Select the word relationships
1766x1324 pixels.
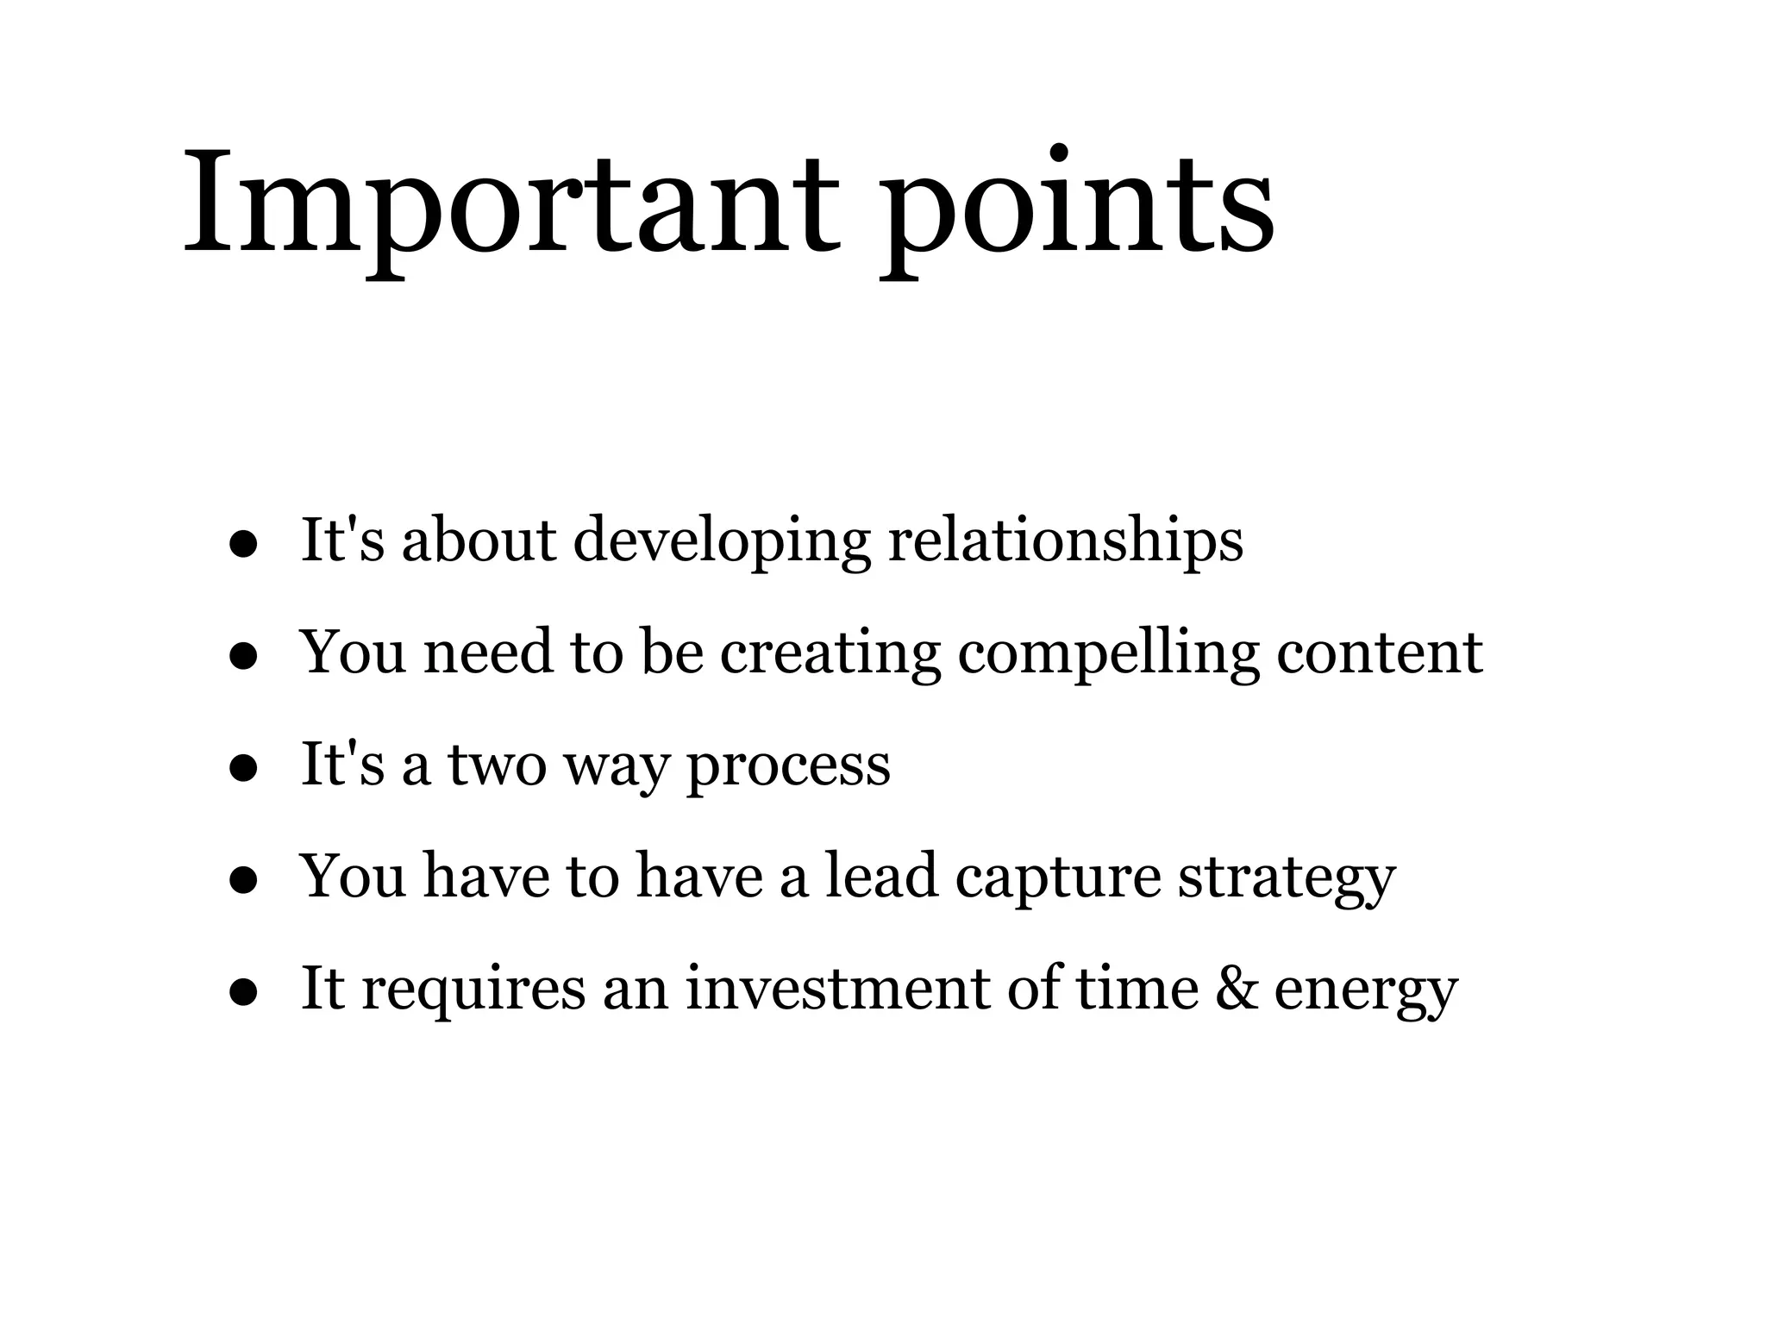click(x=1066, y=541)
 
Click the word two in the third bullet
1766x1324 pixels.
click(x=498, y=765)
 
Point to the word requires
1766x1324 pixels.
click(x=473, y=990)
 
